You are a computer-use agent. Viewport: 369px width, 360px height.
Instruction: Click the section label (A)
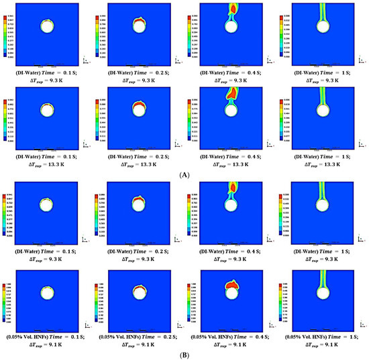click(x=184, y=172)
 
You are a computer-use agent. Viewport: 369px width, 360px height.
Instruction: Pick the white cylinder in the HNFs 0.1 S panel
click(x=48, y=293)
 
